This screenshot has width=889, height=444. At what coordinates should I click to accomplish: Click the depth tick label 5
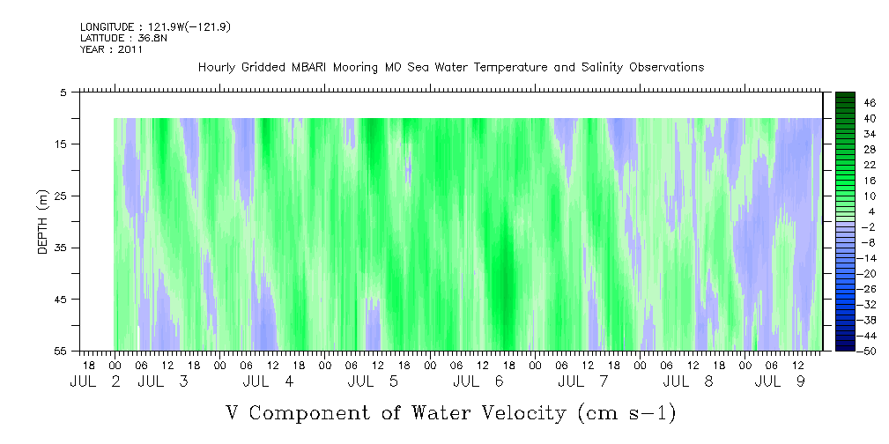point(63,92)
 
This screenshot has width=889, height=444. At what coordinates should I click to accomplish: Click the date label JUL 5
point(374,381)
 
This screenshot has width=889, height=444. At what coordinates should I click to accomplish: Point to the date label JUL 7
point(583,381)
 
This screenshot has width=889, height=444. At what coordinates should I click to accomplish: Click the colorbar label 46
point(870,102)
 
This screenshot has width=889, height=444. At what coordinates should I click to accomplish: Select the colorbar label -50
point(868,351)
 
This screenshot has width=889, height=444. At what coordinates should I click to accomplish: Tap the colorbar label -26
point(868,288)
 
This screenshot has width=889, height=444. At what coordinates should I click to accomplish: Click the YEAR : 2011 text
point(111,49)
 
